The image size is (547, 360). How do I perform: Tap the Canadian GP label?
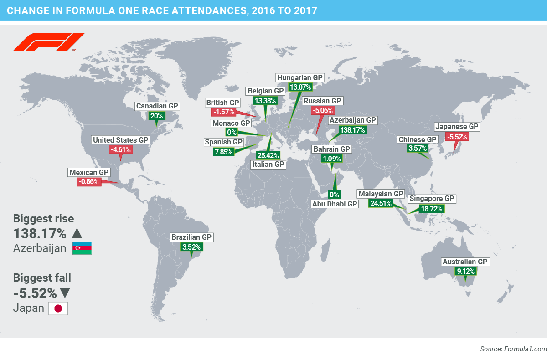(x=157, y=106)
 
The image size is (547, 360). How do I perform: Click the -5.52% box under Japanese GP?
(x=457, y=136)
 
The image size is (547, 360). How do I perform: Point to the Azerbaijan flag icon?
(x=82, y=248)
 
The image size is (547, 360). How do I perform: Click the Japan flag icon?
(x=58, y=309)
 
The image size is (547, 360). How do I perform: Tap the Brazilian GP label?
(x=191, y=237)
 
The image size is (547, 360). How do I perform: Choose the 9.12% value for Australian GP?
(x=465, y=272)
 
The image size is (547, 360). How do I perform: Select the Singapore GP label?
(x=432, y=199)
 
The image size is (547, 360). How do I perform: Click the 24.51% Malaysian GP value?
(x=381, y=203)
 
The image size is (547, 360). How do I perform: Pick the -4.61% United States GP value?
(x=120, y=149)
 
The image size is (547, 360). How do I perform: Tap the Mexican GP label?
(x=89, y=173)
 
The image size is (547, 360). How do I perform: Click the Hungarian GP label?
(x=300, y=77)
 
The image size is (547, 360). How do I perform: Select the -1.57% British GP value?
(x=222, y=112)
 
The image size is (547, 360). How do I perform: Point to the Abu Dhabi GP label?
(x=335, y=204)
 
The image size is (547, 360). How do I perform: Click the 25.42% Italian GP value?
(x=268, y=155)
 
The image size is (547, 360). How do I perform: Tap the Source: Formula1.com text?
(x=513, y=349)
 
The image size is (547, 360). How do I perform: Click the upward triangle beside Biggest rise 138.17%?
(x=77, y=234)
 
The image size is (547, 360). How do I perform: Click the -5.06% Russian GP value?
(x=323, y=110)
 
